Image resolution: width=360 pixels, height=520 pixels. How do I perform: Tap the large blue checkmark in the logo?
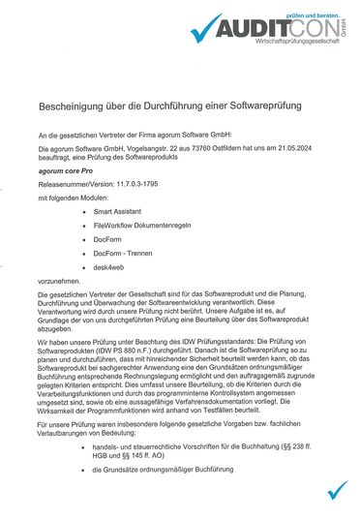click(x=207, y=31)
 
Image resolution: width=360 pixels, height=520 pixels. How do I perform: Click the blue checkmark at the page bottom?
click(x=337, y=490)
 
